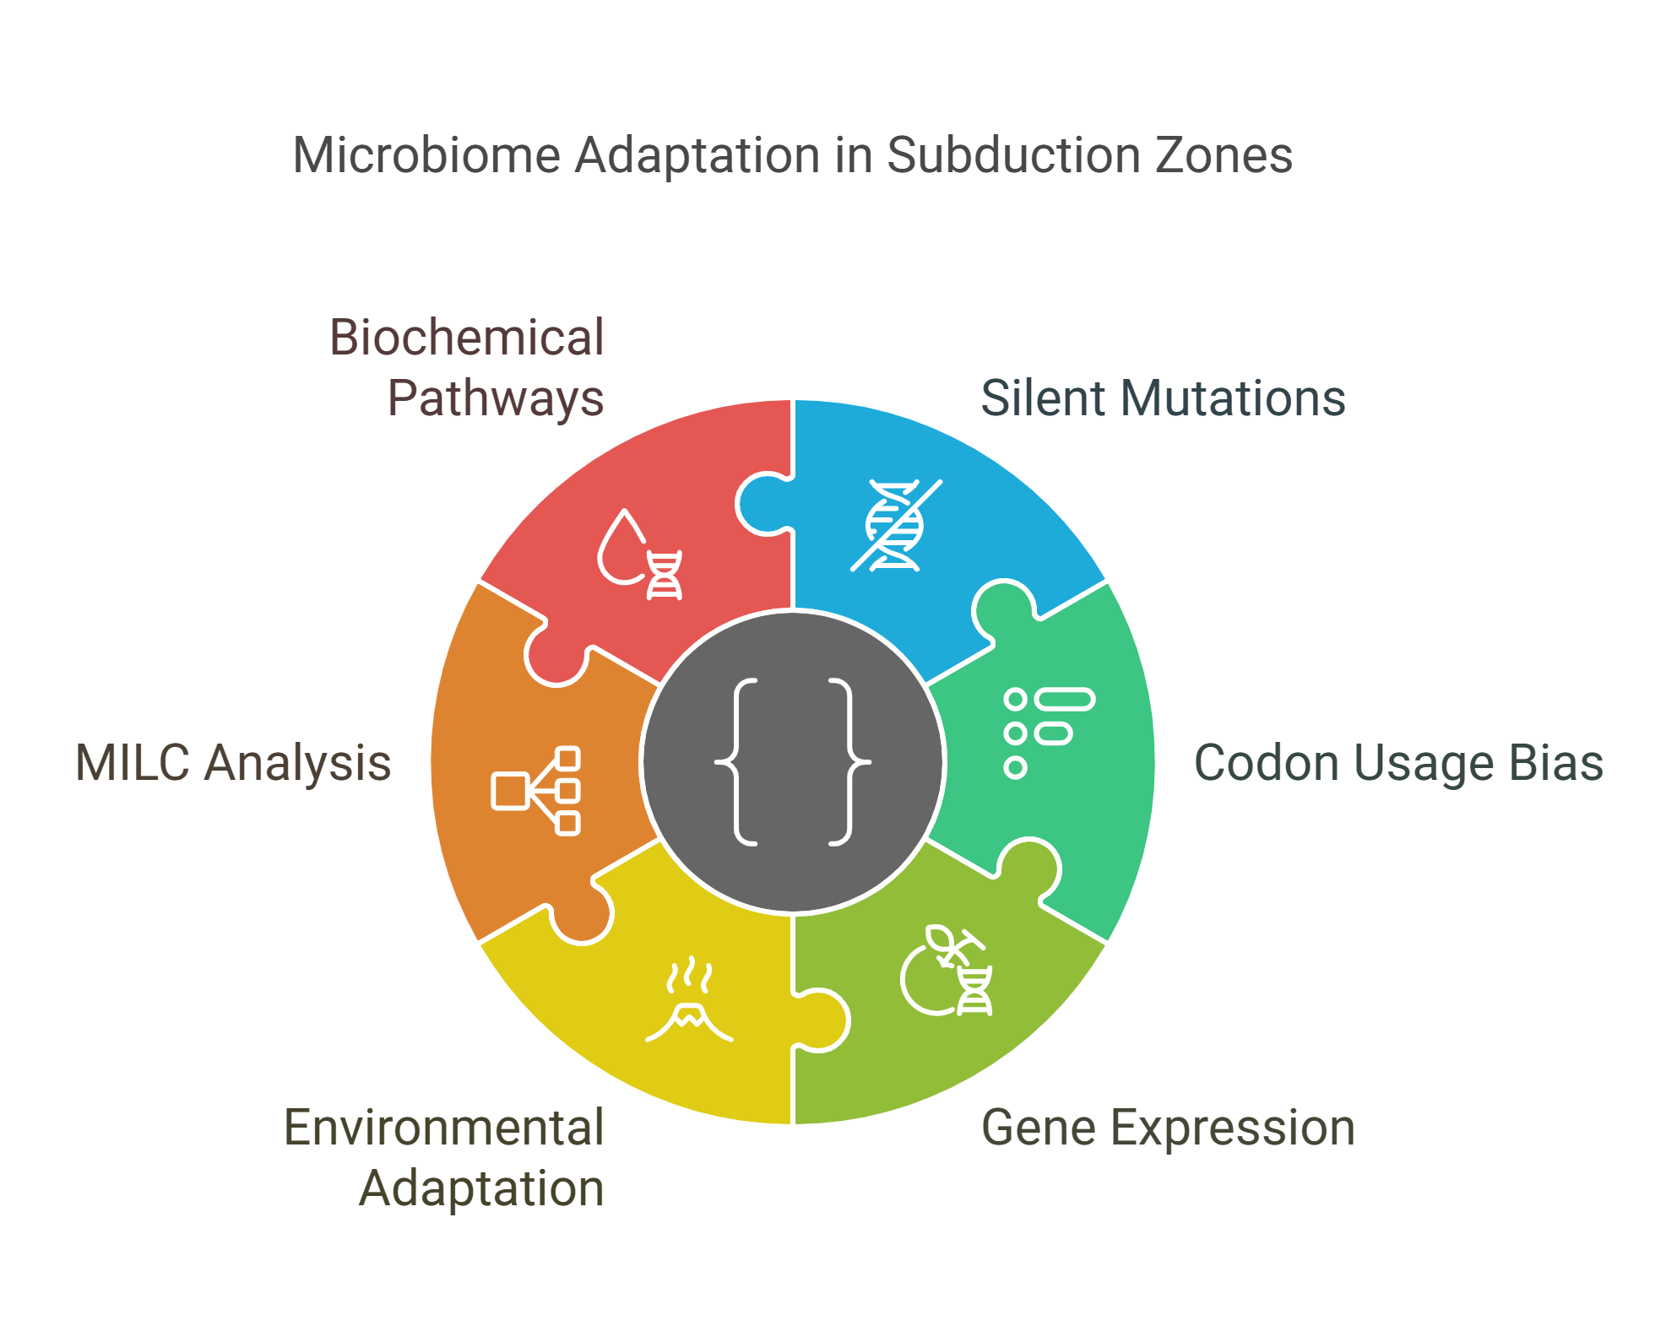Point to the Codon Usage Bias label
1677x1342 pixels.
click(x=1398, y=763)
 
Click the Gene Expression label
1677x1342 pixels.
click(x=1168, y=1128)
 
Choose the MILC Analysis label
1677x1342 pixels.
click(x=233, y=763)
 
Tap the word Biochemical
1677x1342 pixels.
click(x=466, y=338)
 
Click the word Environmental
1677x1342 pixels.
click(x=443, y=1128)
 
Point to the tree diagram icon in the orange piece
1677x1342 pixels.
click(x=536, y=791)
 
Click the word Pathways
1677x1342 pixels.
click(x=496, y=398)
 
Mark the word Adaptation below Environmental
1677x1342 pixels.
click(x=481, y=1188)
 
